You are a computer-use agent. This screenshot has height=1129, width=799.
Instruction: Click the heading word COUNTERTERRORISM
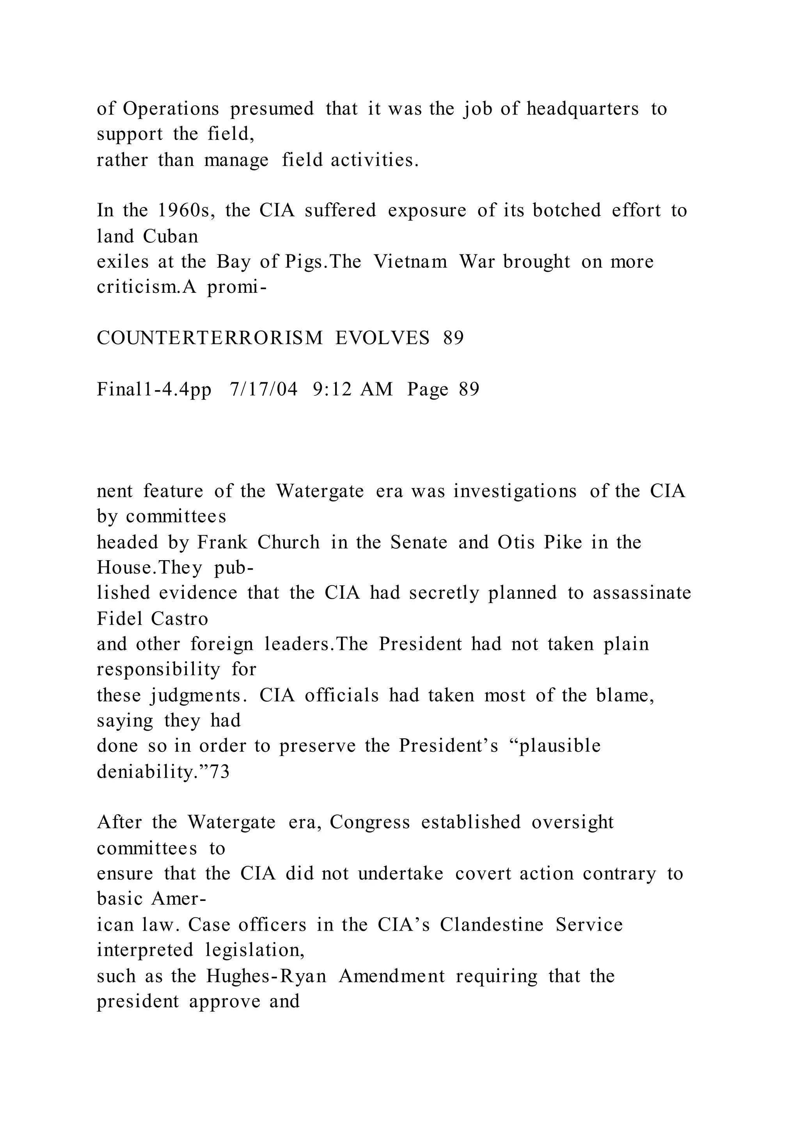[210, 338]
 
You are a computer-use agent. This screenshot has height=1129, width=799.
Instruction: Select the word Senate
[419, 542]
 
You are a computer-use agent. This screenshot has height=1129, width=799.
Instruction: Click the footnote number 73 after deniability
[220, 773]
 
